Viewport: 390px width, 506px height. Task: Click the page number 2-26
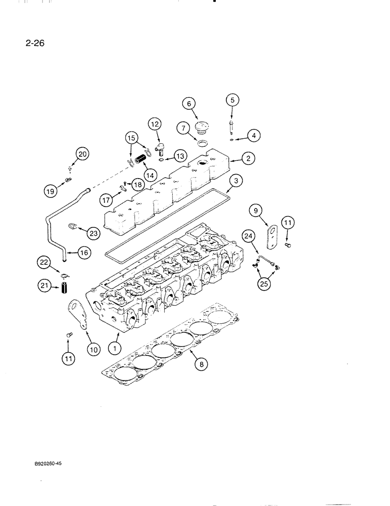(x=34, y=43)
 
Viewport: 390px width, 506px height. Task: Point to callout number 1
(x=116, y=348)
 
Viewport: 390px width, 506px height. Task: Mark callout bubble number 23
(x=93, y=233)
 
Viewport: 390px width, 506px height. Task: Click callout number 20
(x=82, y=154)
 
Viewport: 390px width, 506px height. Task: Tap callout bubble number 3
(x=234, y=181)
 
